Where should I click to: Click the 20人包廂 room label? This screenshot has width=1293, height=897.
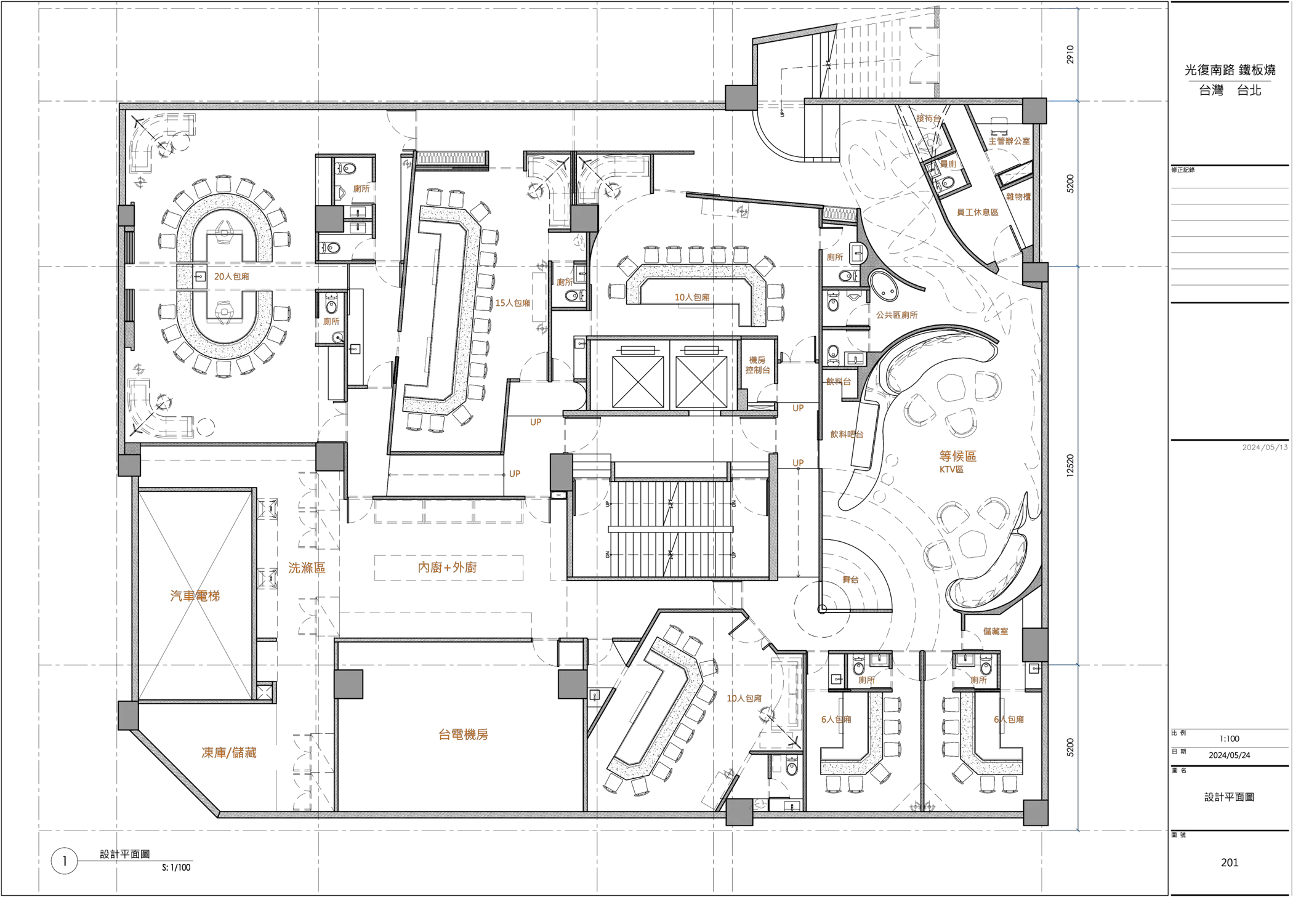coord(232,276)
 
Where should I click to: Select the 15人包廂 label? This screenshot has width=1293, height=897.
coord(513,303)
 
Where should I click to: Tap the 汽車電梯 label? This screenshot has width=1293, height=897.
coord(195,595)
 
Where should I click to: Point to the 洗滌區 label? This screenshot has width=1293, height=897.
coord(306,568)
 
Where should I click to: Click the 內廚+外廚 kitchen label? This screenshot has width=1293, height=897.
coord(448,568)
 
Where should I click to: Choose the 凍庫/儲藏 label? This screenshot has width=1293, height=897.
coord(230,752)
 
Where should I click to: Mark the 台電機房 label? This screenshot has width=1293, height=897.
coord(463,734)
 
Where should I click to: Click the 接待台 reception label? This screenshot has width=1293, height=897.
coord(928,118)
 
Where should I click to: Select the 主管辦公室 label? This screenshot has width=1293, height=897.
coord(1009,142)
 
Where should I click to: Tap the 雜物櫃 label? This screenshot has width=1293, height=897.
coord(1018,197)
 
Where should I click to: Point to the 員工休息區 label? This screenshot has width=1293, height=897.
coord(977,212)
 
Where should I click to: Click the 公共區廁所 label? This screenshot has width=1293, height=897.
coord(898,315)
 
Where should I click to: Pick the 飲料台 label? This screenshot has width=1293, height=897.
coord(839,382)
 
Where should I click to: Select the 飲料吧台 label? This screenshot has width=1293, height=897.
coord(848,434)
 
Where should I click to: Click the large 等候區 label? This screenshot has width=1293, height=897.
coord(957,456)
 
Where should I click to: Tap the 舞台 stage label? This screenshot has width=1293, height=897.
coord(851,580)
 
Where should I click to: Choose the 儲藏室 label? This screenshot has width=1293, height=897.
coord(995,631)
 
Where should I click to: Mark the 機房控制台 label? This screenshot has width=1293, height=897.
coord(757,364)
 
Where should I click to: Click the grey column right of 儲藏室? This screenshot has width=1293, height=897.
coord(1034,644)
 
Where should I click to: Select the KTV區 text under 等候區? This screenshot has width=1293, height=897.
coord(951,469)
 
